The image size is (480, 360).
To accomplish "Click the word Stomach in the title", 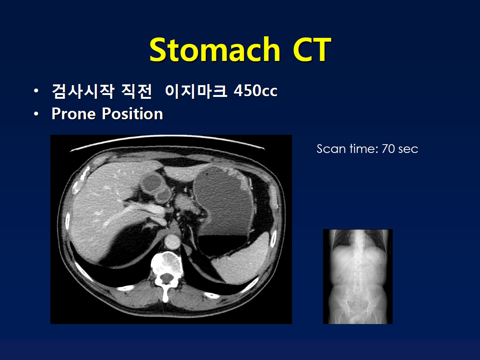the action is [x=214, y=50].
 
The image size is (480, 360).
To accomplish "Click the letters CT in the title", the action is [x=312, y=50].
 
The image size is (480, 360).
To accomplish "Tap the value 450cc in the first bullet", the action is [x=255, y=90].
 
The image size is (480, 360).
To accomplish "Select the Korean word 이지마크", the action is [x=196, y=90].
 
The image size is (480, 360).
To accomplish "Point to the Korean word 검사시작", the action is [x=83, y=91].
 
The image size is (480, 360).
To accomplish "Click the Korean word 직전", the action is [x=137, y=91].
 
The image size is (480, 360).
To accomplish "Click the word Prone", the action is [x=74, y=114].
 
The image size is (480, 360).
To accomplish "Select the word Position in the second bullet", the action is [x=132, y=114].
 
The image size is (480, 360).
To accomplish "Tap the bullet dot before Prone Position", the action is [x=36, y=114].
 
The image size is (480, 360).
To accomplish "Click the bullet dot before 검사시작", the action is [x=36, y=90].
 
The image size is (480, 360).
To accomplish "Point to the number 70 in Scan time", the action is [x=388, y=149].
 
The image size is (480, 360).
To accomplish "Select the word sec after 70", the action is [x=408, y=150].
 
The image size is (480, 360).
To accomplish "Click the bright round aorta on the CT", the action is [x=172, y=242].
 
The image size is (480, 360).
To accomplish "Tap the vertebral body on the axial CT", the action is [x=167, y=263].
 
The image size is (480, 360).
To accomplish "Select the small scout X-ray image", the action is [x=358, y=276].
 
